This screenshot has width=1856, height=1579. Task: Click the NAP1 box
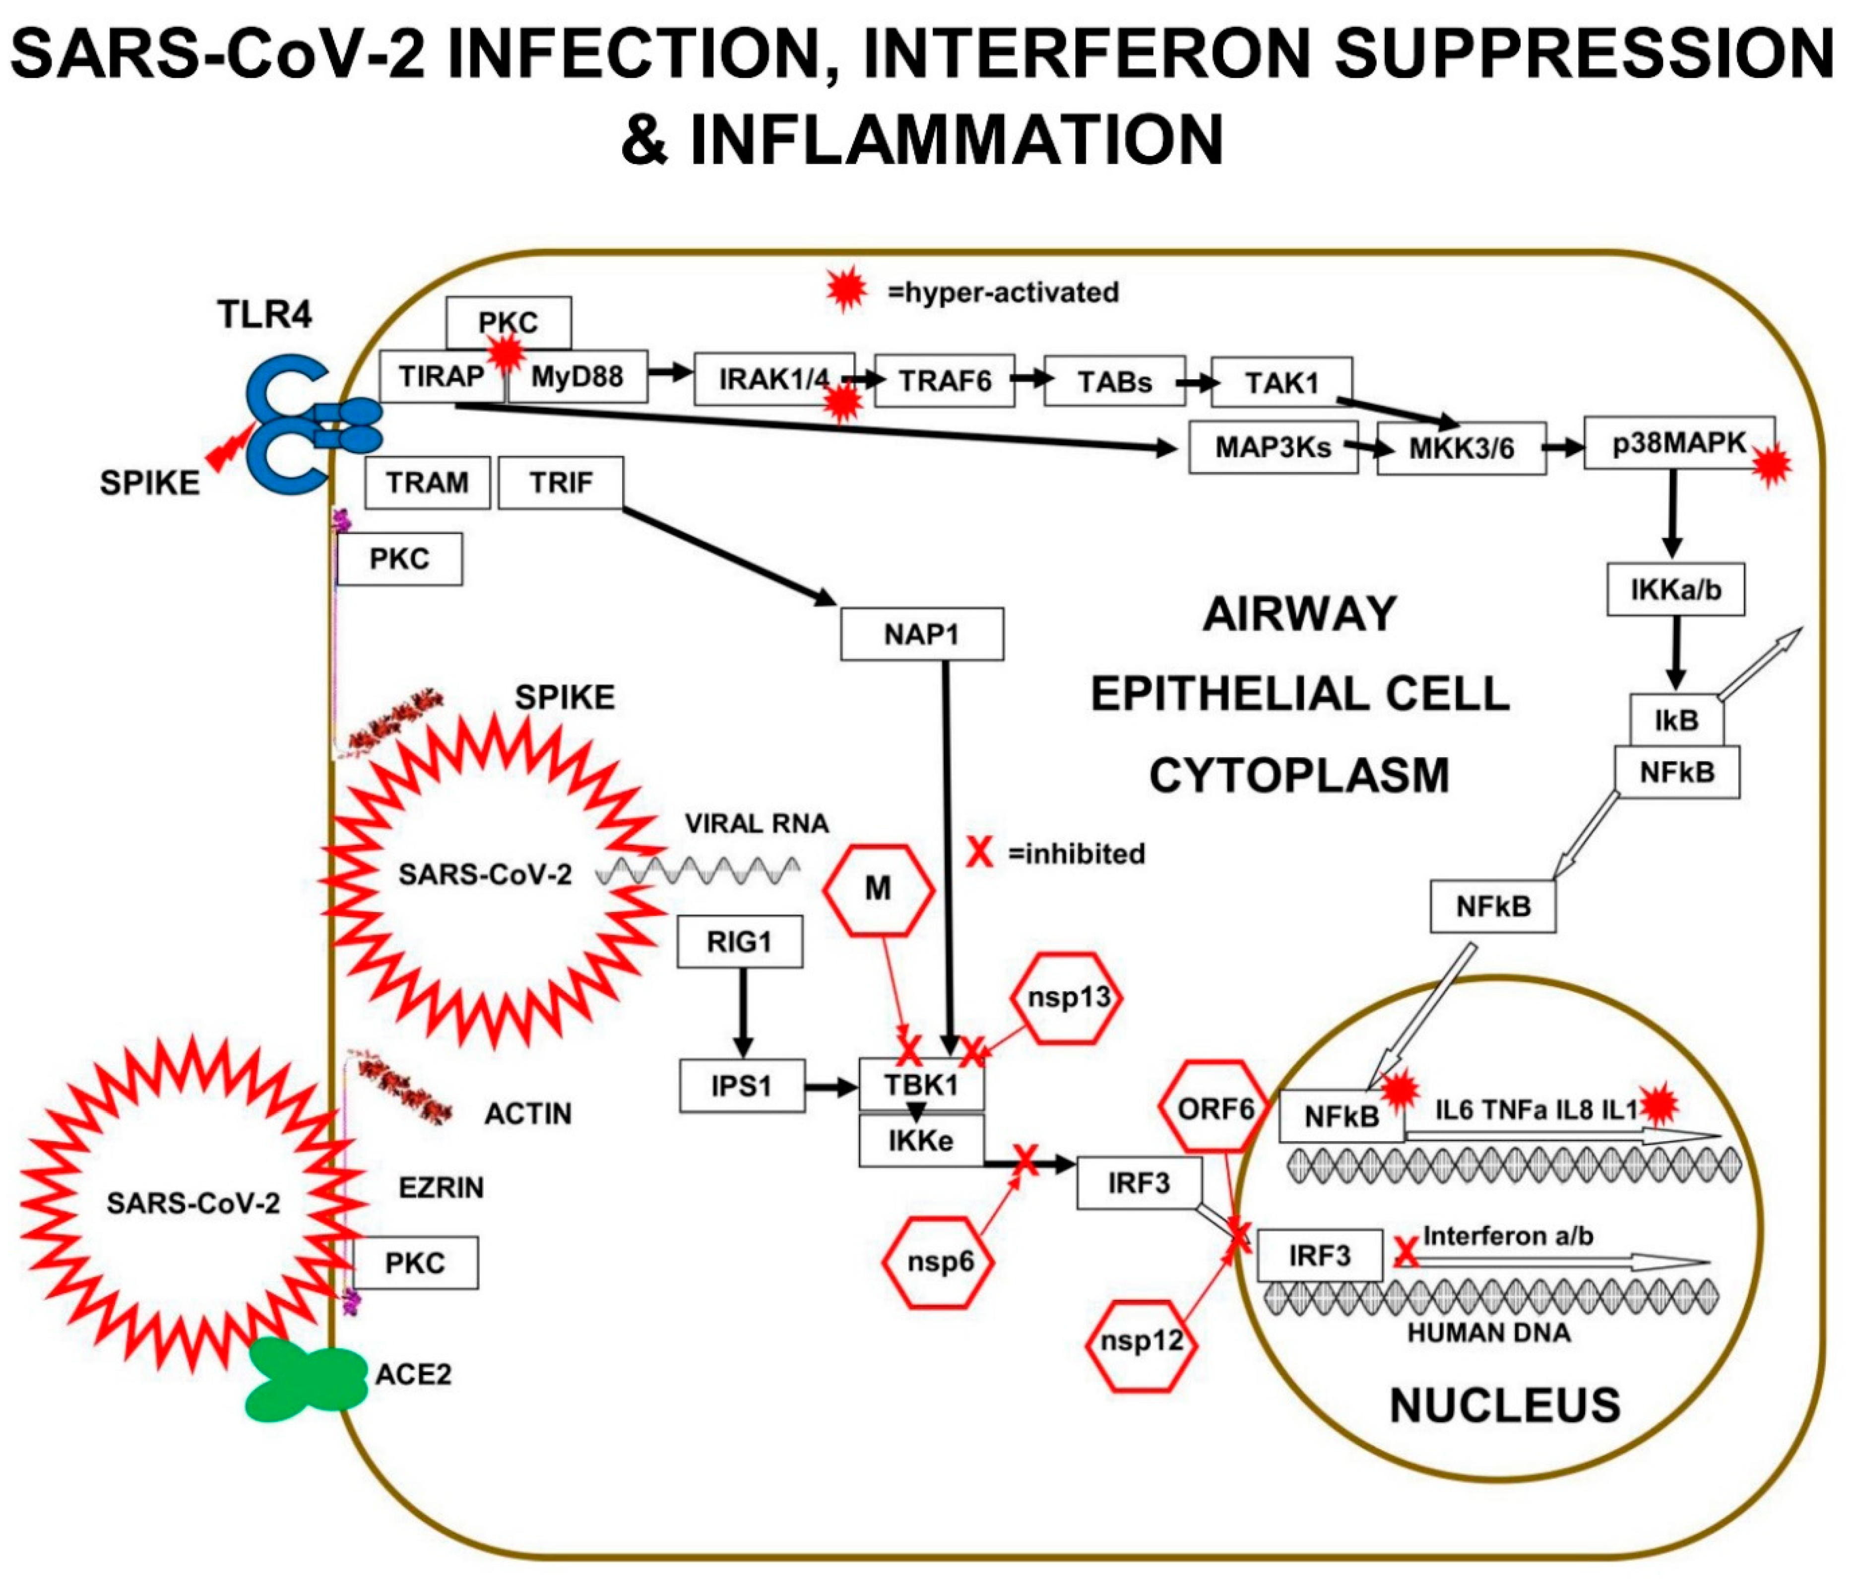pyautogui.click(x=921, y=635)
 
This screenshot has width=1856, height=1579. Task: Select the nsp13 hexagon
pyautogui.click(x=1067, y=997)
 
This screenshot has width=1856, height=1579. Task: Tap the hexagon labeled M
pyautogui.click(x=878, y=889)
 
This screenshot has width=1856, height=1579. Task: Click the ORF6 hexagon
pyautogui.click(x=1215, y=1109)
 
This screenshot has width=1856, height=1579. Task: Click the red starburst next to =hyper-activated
pyautogui.click(x=846, y=289)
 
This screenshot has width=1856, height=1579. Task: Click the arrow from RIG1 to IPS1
pyautogui.click(x=741, y=1012)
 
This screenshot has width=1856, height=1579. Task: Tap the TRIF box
pyautogui.click(x=561, y=484)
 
